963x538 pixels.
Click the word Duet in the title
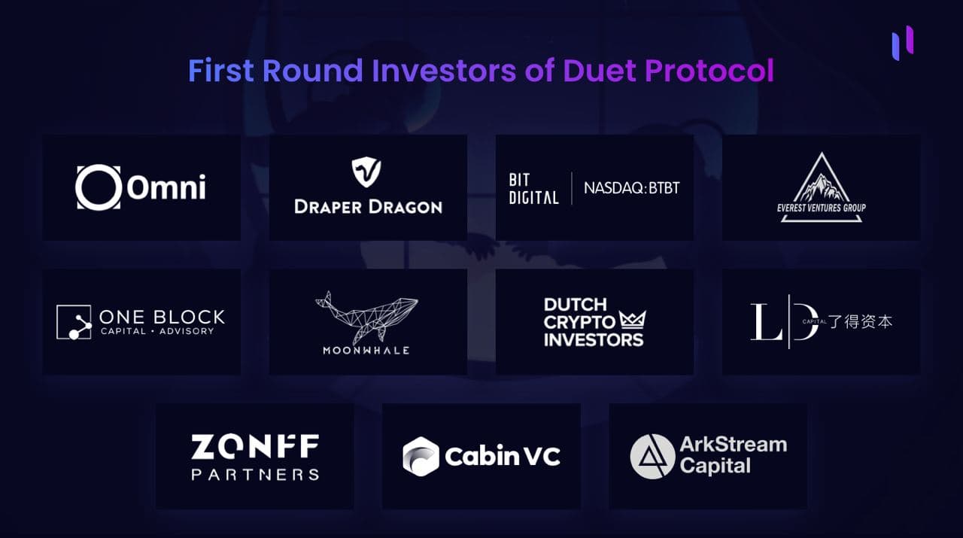tap(599, 71)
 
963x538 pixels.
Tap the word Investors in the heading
tap(442, 71)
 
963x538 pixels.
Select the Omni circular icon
tap(98, 187)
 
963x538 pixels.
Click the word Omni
tap(166, 187)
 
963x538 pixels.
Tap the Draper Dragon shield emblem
tap(367, 172)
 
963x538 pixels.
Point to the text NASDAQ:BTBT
tap(632, 187)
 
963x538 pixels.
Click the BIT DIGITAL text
tap(533, 188)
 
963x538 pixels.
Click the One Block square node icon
tap(74, 322)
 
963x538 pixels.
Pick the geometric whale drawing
tap(366, 314)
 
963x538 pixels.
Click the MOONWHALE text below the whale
tap(366, 350)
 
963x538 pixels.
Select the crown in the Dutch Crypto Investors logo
tap(633, 321)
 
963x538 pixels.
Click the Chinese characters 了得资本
tap(861, 321)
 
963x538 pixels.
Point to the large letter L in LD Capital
tap(765, 322)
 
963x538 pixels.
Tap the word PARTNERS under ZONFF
tap(255, 474)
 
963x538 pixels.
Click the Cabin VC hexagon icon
tap(421, 456)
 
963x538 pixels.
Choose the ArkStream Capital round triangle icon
tap(652, 456)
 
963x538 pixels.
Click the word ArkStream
tap(733, 444)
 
